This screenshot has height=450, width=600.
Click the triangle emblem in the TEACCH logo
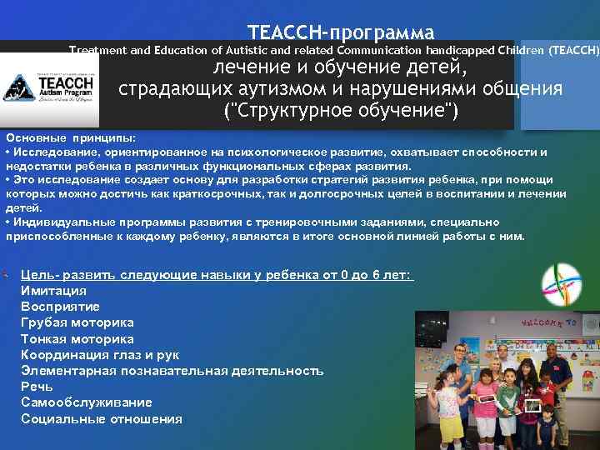(x=17, y=87)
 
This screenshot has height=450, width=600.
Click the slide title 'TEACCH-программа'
(x=341, y=33)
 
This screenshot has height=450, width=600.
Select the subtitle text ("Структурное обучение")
(x=342, y=111)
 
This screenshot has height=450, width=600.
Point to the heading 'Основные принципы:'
(x=70, y=137)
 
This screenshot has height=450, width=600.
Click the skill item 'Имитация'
(x=53, y=291)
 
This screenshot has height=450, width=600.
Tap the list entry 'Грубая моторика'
(x=77, y=322)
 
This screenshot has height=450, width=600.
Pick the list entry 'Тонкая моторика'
(x=77, y=339)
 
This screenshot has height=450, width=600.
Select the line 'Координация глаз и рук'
(x=100, y=355)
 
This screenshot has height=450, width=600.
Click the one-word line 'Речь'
(x=37, y=387)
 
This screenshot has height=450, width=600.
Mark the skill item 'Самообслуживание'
(x=87, y=402)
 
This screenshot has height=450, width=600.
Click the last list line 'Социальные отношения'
(x=102, y=418)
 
